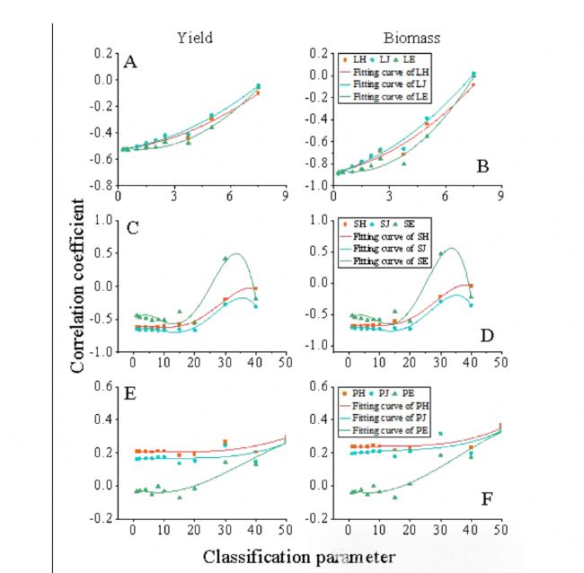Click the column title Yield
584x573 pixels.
coord(194,37)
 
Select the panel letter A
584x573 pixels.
coord(130,62)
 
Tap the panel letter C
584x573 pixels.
coord(132,226)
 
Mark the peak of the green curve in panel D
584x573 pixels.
coord(452,249)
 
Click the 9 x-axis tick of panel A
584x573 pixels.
coord(285,197)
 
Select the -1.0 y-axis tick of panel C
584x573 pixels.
coord(103,352)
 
